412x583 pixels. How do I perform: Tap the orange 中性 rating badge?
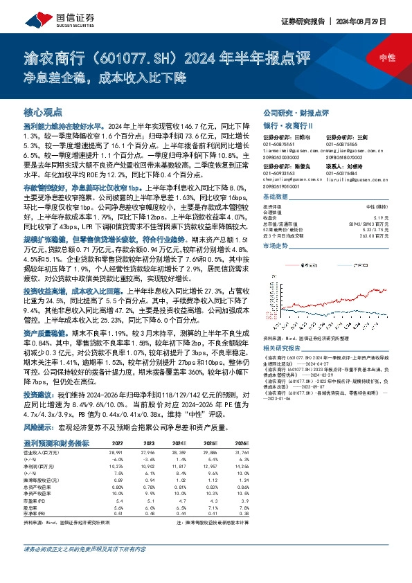[x=379, y=58]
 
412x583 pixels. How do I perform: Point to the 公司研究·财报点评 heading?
[x=296, y=112]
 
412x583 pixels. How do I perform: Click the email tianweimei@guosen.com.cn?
[x=291, y=150]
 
